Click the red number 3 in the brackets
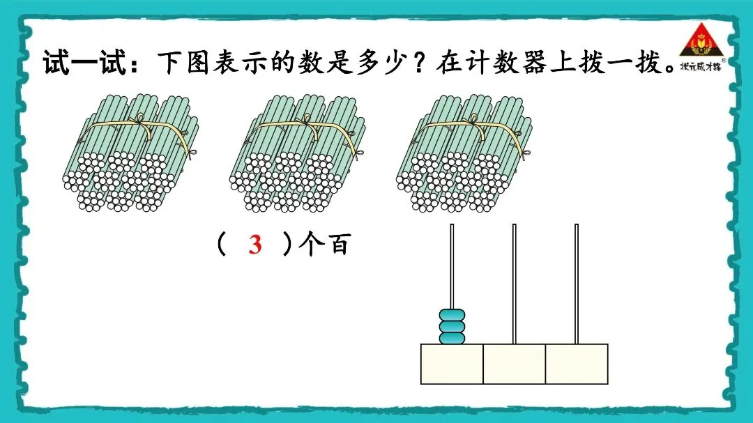click(x=255, y=245)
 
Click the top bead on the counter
click(x=452, y=316)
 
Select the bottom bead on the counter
click(x=452, y=338)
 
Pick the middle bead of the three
click(x=452, y=327)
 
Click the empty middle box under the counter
click(x=515, y=364)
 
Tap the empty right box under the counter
click(x=577, y=364)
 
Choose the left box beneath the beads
click(x=452, y=364)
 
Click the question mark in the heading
click(x=420, y=63)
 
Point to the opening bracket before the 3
click(x=221, y=245)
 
